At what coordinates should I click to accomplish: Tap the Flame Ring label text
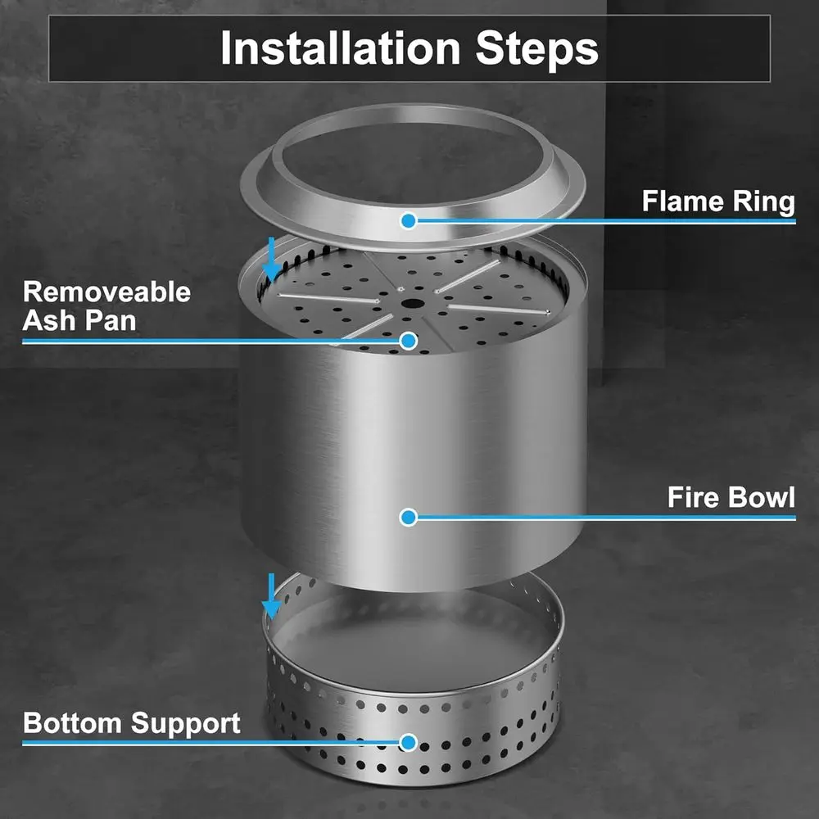(x=717, y=201)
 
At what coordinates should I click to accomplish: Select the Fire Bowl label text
(x=731, y=497)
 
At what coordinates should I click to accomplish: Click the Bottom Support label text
(x=132, y=723)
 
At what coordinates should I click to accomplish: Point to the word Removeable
(x=106, y=292)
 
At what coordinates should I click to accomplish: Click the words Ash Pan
(x=79, y=319)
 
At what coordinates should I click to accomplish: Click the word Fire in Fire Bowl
(x=693, y=497)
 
